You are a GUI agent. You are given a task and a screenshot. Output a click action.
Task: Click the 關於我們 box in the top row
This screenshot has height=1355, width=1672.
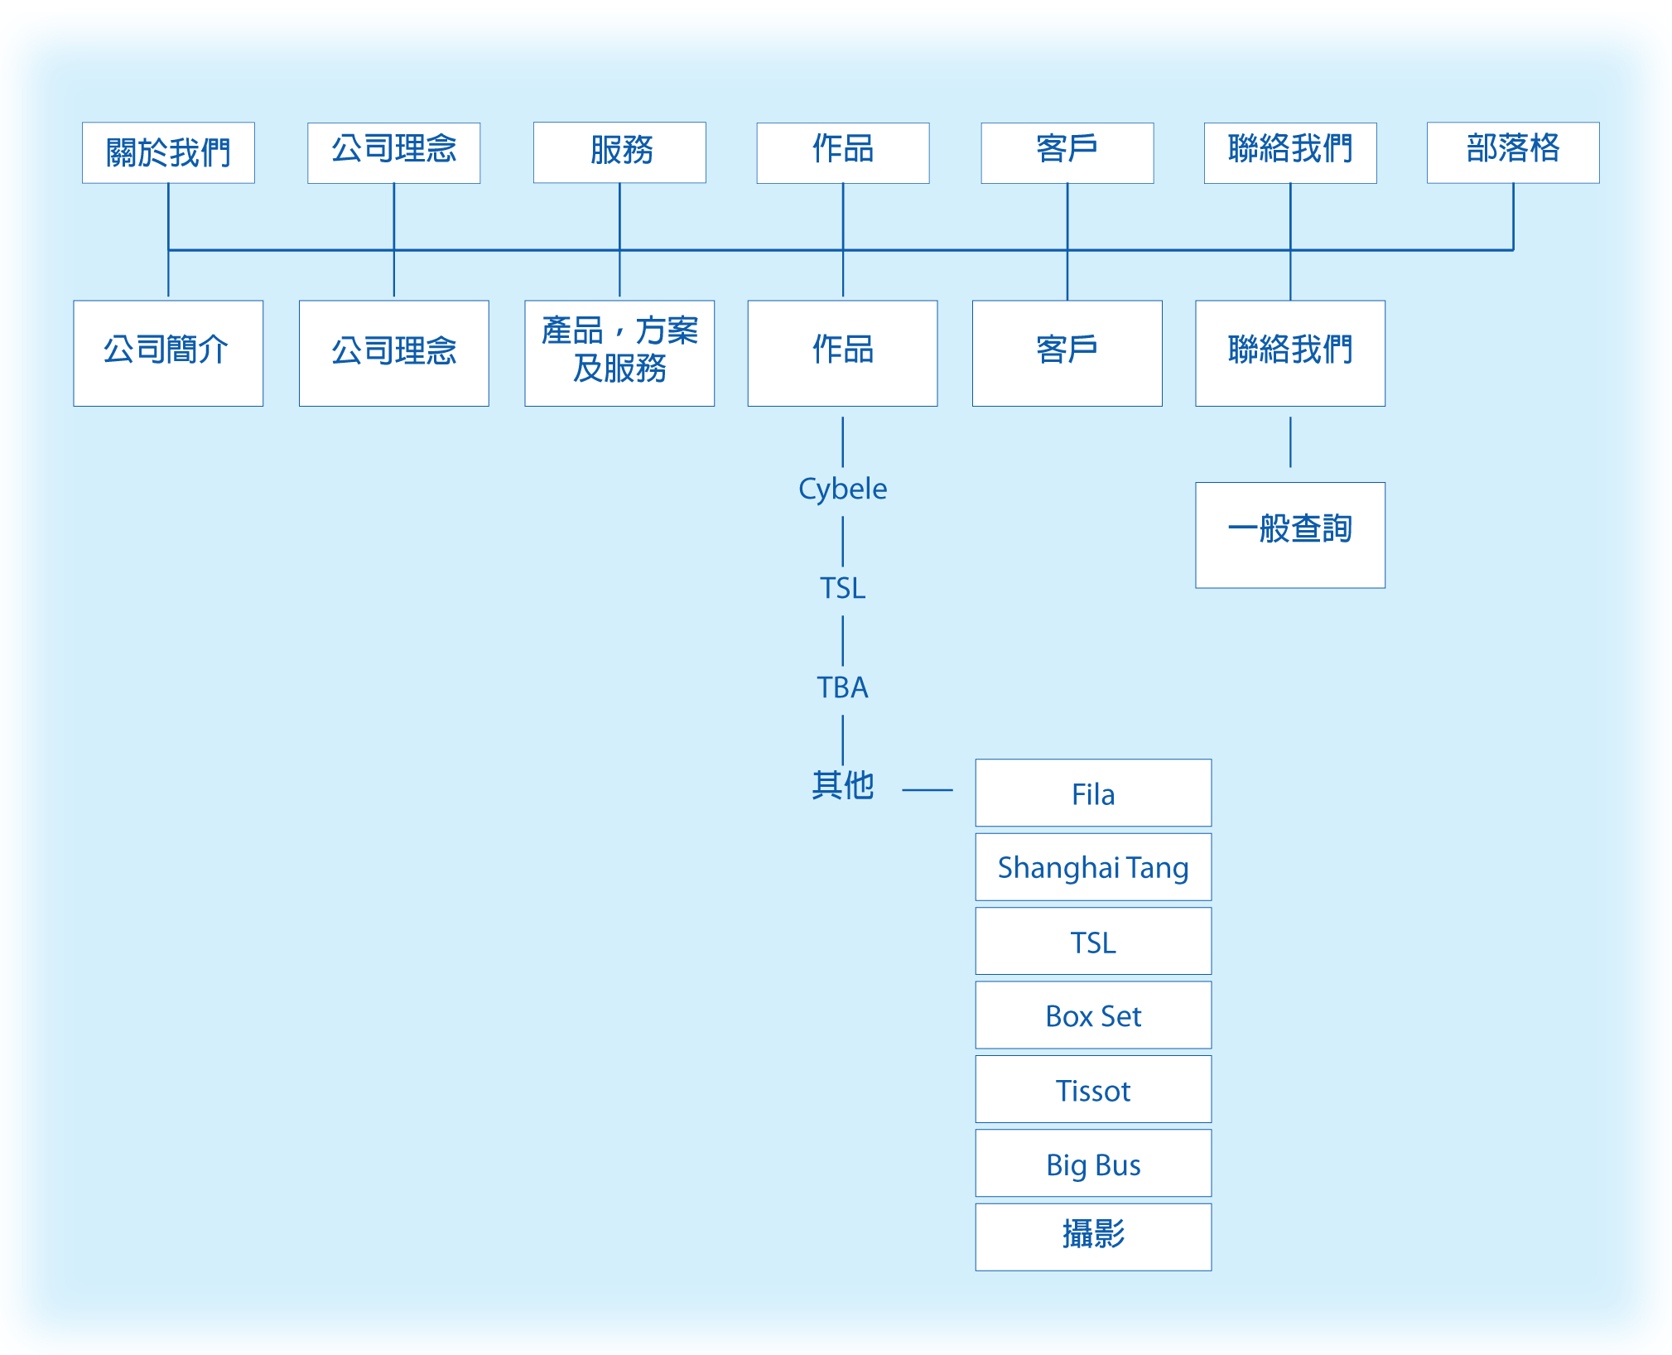coord(168,152)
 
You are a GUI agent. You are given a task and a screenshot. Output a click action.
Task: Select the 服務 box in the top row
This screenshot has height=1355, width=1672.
coord(619,152)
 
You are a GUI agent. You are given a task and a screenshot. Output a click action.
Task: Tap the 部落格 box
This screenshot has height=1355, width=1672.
coord(1512,152)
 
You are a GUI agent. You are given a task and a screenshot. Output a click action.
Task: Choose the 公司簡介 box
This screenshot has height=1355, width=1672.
coord(168,353)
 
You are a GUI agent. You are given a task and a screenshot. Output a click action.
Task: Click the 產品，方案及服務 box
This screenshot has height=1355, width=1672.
coord(619,353)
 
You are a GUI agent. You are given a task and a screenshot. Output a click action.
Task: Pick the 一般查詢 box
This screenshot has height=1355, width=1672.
coord(1289,535)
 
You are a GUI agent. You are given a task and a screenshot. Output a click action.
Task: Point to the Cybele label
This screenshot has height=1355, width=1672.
coord(842,489)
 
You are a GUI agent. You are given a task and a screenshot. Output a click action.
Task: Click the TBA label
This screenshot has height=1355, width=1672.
coord(842,687)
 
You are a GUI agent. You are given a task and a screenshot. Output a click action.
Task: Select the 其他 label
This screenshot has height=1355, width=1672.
coord(842,785)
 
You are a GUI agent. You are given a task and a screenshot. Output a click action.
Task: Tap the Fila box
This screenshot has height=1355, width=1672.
coord(1093,793)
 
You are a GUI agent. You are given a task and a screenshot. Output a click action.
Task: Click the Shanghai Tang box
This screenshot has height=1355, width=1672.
coord(1093,867)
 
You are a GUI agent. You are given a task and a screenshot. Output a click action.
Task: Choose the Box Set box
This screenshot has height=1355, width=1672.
coord(1093,1015)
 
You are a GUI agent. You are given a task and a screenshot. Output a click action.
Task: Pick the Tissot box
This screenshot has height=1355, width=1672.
coord(1093,1089)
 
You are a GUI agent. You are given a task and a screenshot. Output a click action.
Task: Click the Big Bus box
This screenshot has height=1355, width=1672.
coord(1093,1164)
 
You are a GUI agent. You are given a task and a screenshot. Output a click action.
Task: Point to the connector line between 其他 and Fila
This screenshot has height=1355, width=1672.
coord(927,790)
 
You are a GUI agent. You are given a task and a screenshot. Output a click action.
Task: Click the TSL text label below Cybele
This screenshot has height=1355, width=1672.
coord(842,588)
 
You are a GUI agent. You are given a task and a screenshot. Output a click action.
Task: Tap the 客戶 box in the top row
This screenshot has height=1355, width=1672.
coord(1067,152)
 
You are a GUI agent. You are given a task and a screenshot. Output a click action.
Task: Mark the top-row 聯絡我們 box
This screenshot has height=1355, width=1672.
coord(1289,152)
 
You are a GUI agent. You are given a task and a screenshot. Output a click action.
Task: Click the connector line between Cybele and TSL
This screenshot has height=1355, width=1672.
coord(842,541)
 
